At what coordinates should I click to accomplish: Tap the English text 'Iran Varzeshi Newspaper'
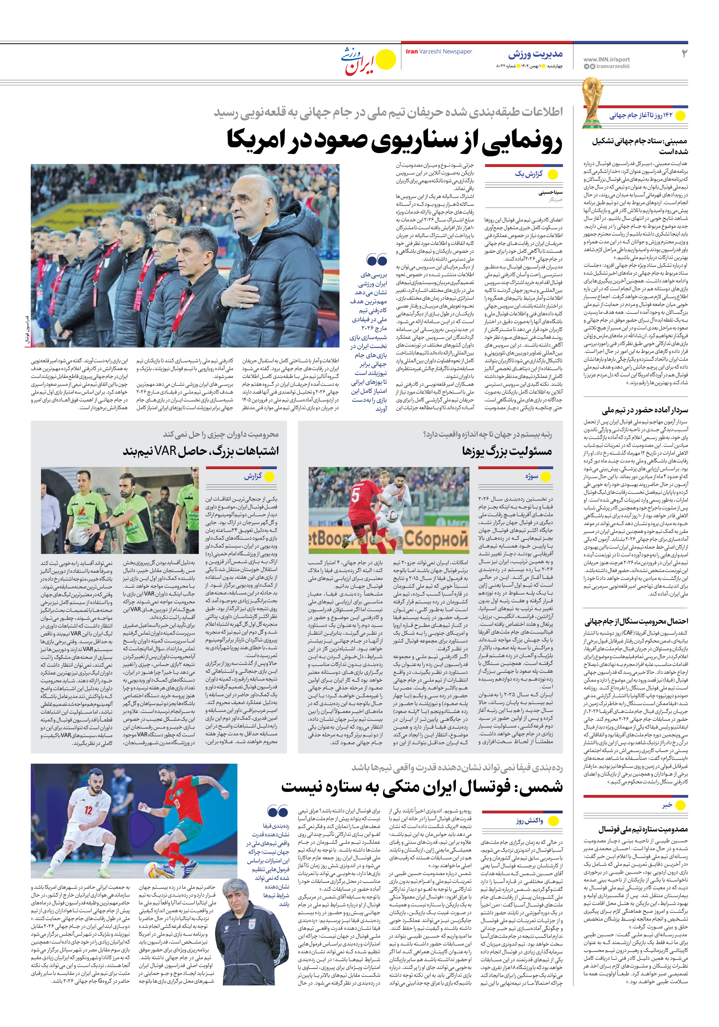(x=439, y=52)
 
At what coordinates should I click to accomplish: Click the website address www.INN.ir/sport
(x=606, y=59)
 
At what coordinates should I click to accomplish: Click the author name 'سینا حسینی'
(x=550, y=193)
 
